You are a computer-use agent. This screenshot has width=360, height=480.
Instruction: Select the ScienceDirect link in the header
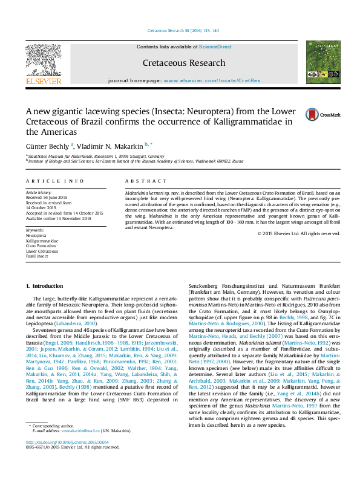point(216,47)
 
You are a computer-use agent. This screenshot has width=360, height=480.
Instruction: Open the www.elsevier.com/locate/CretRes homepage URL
point(212,80)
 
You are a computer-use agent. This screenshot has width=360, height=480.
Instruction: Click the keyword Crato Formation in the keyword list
point(38,245)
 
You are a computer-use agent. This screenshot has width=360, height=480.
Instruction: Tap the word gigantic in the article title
point(66,111)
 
